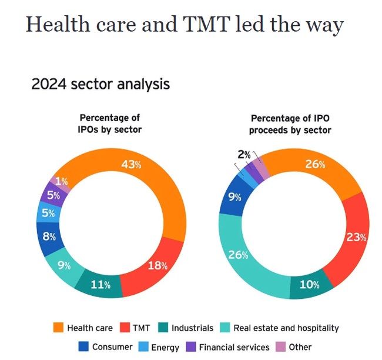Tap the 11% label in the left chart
[x=101, y=285]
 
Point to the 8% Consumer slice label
[x=49, y=237]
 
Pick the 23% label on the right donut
[x=356, y=238]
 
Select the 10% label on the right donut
[x=310, y=285]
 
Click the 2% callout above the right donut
[x=244, y=155]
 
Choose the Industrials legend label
[x=193, y=328]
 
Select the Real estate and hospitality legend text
[x=286, y=328]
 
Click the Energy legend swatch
[x=142, y=347]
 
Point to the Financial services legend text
[x=234, y=347]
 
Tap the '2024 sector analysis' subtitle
[x=100, y=84]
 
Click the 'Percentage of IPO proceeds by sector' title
[x=290, y=124]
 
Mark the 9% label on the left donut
[x=63, y=264]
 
